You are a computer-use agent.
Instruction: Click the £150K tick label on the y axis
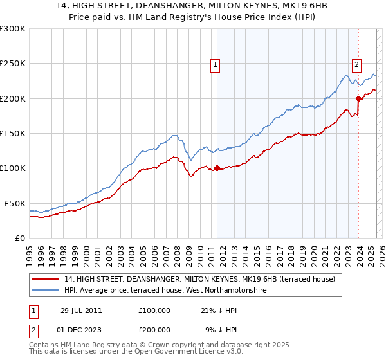(12, 134)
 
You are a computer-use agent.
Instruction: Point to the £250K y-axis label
(12, 64)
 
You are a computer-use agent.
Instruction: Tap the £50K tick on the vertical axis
(15, 203)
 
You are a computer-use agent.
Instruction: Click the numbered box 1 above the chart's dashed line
(214, 64)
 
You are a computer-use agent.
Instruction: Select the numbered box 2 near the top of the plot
(356, 64)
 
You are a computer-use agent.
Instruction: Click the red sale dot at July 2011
(217, 168)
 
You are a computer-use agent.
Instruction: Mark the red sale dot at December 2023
(358, 98)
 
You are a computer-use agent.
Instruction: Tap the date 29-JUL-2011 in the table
(81, 310)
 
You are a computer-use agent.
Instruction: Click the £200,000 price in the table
(154, 328)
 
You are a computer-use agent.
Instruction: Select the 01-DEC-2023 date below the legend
(81, 328)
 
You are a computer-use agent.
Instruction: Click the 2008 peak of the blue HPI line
(174, 136)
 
